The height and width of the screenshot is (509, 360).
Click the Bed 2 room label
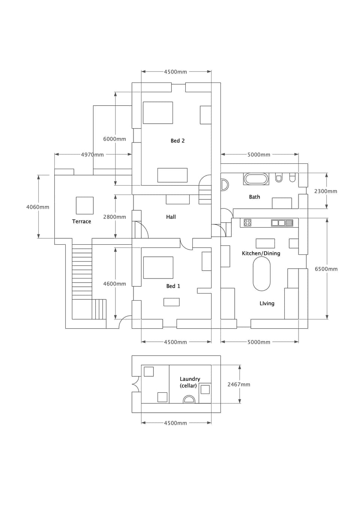pos(177,141)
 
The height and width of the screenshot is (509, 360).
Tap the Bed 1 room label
pos(173,286)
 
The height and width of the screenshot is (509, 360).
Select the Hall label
pos(171,217)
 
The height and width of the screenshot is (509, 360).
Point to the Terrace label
pos(81,222)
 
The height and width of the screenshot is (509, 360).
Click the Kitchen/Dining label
pos(261,253)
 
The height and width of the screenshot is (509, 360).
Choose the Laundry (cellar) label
pos(189,382)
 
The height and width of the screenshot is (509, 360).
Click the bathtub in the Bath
pos(256,179)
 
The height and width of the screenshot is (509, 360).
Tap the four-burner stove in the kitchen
pos(247,223)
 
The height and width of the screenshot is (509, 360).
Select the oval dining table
pos(261,274)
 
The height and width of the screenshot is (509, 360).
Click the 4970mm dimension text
pos(92,154)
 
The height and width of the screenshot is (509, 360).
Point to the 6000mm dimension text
pos(114,139)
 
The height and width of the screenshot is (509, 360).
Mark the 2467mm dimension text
pos(238,385)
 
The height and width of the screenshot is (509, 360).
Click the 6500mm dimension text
pos(326,269)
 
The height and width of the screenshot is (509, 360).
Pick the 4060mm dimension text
pos(37,207)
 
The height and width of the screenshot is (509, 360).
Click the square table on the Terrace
pos(85,205)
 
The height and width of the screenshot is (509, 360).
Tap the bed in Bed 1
pos(158,268)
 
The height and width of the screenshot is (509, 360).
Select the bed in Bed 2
pos(157,112)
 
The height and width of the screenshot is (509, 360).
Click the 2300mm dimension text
pos(325,191)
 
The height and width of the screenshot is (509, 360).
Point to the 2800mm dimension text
pos(114,217)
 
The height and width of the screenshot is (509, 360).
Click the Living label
pos(267,304)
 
